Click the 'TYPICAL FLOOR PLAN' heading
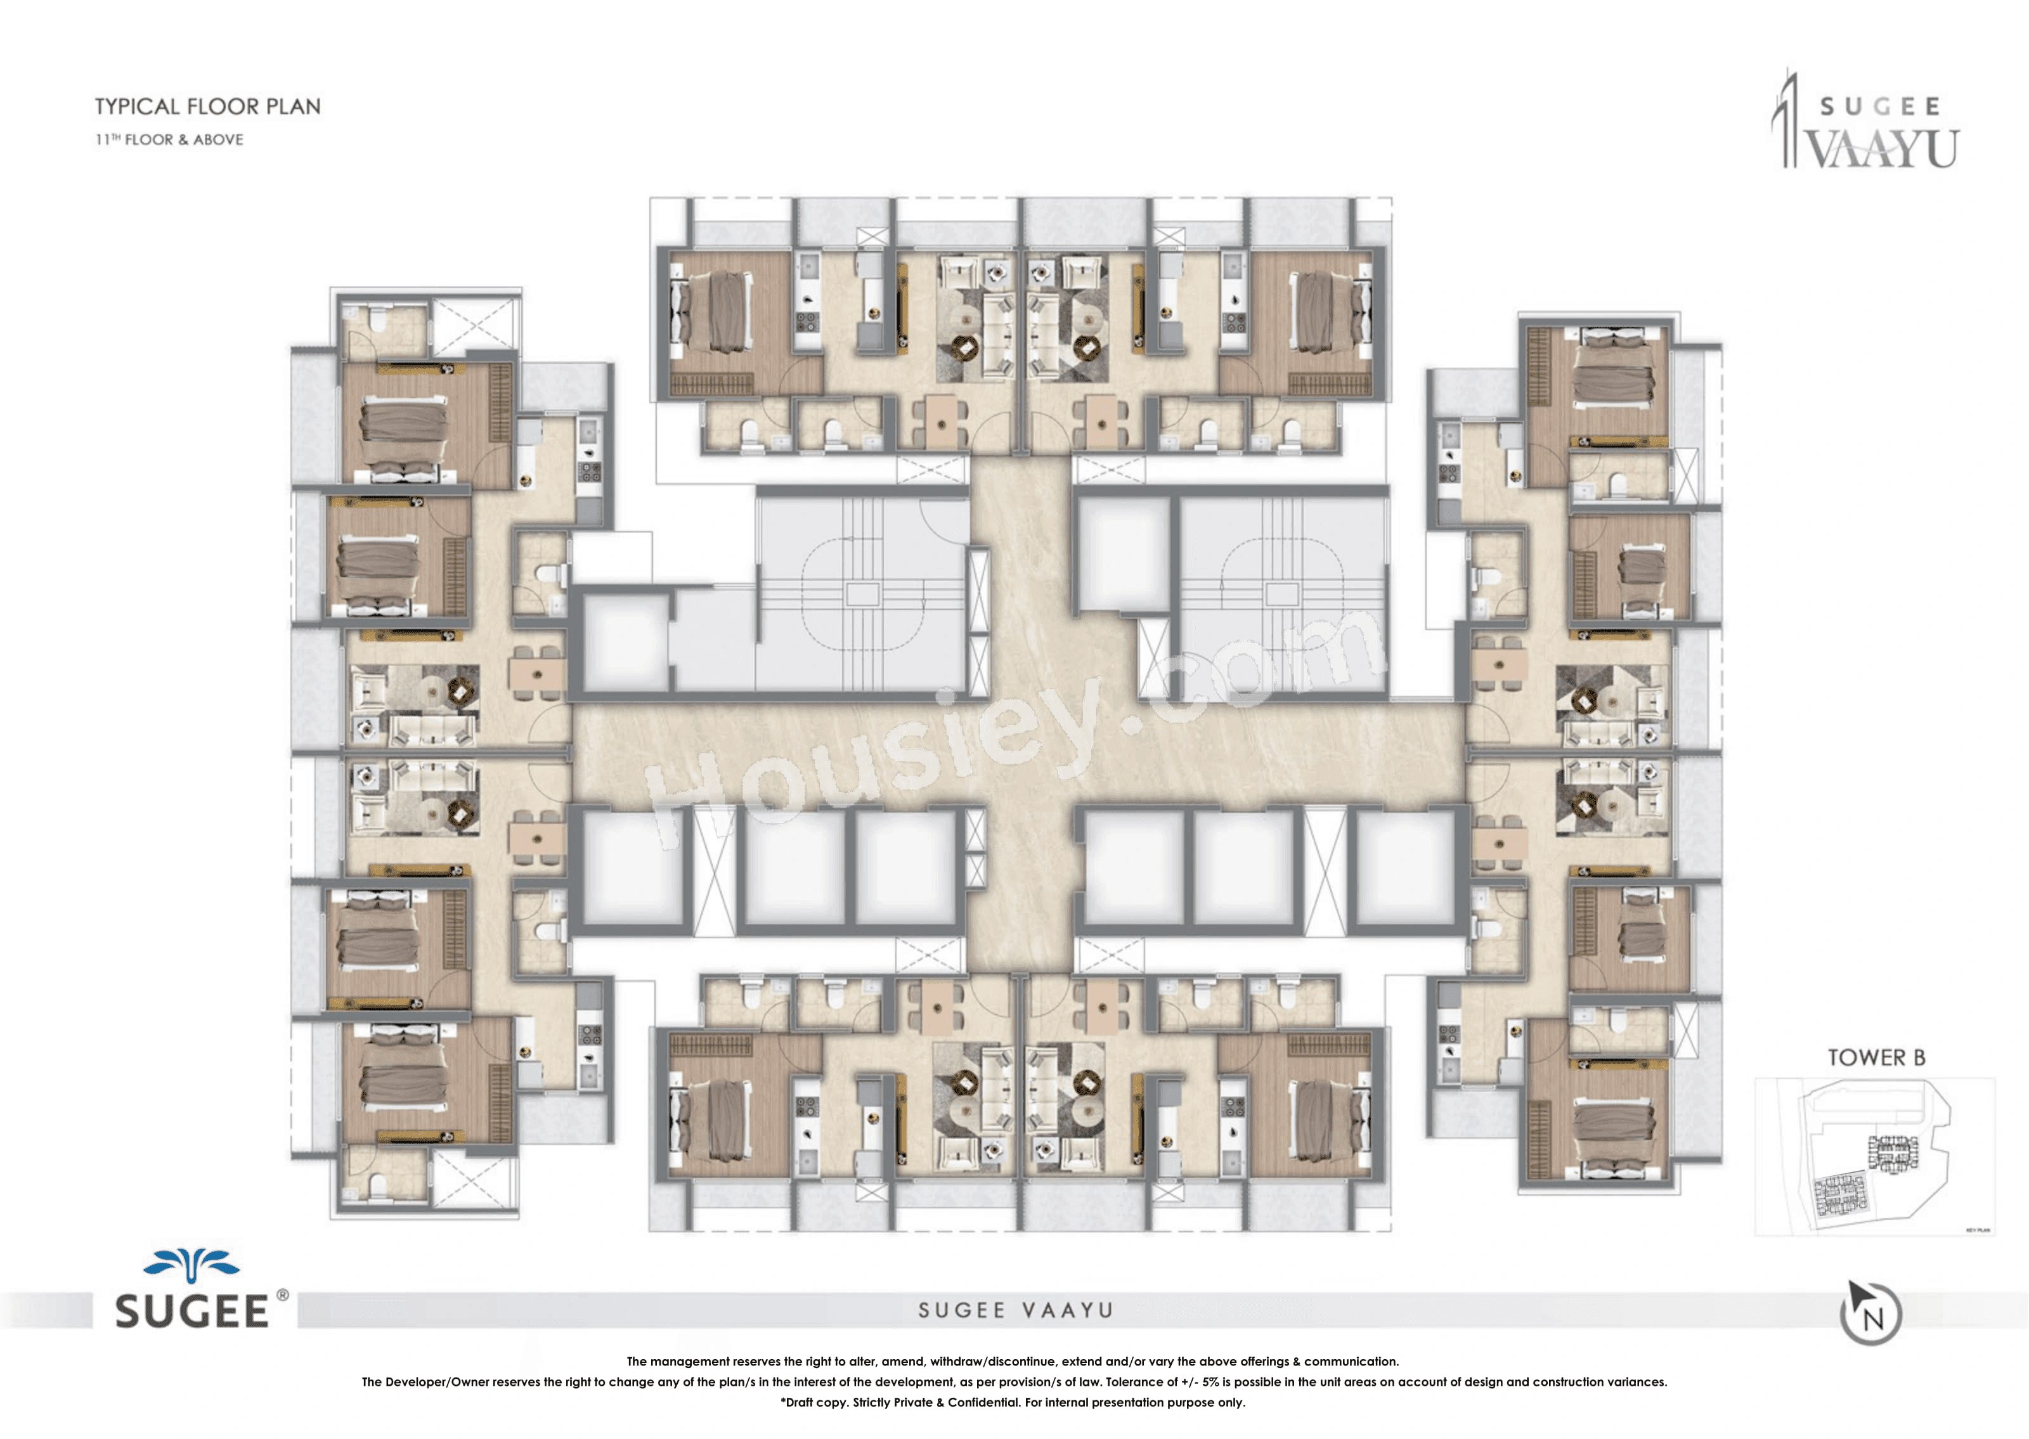point(207,106)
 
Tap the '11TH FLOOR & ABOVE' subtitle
point(169,139)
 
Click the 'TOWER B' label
point(1876,1057)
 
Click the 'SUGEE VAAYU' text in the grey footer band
point(1015,1310)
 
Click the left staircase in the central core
point(861,594)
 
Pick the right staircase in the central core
point(1281,594)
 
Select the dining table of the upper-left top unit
point(940,421)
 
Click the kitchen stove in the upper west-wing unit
point(589,470)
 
